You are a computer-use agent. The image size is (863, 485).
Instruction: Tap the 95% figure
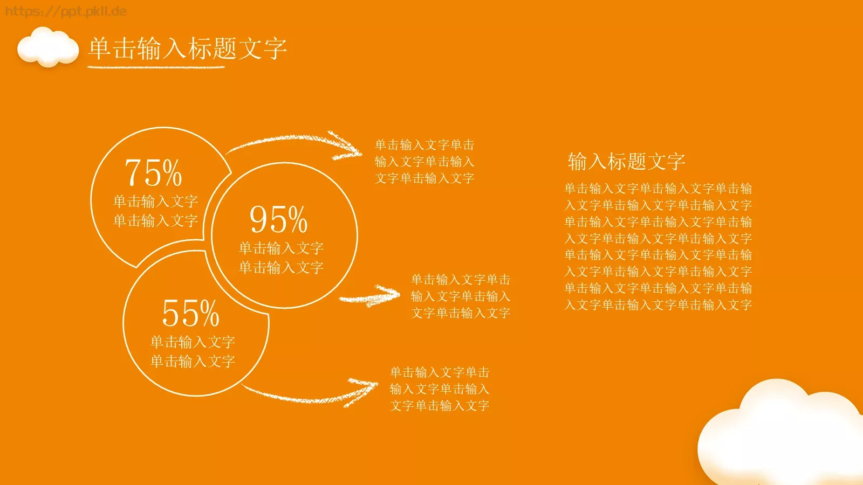pos(278,219)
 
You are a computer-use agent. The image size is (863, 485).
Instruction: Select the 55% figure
pos(190,313)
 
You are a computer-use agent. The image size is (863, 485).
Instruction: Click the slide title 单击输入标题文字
pos(187,48)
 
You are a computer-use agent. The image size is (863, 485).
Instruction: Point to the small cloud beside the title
pos(48,47)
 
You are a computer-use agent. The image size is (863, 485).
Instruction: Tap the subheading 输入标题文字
pos(626,161)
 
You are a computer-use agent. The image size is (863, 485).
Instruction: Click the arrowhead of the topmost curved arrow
pos(348,146)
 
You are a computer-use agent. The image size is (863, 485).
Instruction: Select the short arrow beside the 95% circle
pos(370,296)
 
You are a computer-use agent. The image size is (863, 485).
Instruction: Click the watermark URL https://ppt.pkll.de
pos(65,11)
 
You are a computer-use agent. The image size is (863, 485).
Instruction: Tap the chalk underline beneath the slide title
pos(156,67)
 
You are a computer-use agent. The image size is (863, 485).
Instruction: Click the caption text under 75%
pos(155,211)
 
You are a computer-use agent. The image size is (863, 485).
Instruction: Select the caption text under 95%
pos(281,258)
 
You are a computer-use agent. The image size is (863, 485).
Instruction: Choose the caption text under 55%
pos(193,351)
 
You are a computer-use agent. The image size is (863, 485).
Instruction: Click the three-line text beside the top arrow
pos(424,161)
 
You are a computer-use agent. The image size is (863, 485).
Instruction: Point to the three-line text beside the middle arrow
pos(461,296)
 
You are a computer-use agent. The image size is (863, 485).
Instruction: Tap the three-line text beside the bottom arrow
pos(440,389)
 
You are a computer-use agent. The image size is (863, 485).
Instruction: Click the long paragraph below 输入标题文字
pos(658,246)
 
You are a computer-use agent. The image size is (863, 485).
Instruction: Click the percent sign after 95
pos(298,220)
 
